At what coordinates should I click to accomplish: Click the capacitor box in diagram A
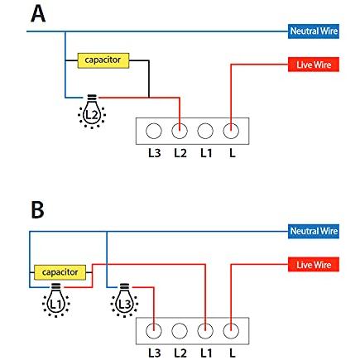[103, 60]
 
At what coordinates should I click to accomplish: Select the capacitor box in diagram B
[60, 272]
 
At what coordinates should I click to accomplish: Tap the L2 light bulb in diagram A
[92, 112]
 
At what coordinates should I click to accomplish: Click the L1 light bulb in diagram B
[56, 300]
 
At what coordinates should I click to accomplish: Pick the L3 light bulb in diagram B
[124, 300]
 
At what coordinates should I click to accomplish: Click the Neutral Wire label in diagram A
[314, 31]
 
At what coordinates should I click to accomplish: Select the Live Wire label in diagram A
[314, 65]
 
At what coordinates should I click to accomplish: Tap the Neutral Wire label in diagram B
[314, 231]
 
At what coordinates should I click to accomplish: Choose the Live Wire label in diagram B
[314, 265]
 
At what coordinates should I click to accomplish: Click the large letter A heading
[38, 14]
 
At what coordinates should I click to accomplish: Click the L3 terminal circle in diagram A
[154, 131]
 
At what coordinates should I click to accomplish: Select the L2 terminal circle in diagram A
[180, 131]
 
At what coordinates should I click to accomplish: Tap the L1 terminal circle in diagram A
[205, 131]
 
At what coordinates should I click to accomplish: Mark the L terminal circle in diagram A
[231, 131]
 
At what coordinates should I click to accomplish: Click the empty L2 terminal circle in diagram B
[180, 331]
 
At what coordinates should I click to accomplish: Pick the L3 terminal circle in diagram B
[154, 331]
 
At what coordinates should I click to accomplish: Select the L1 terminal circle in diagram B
[205, 331]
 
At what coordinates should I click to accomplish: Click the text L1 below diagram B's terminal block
[206, 353]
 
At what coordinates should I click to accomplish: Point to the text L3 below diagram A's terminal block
[155, 153]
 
